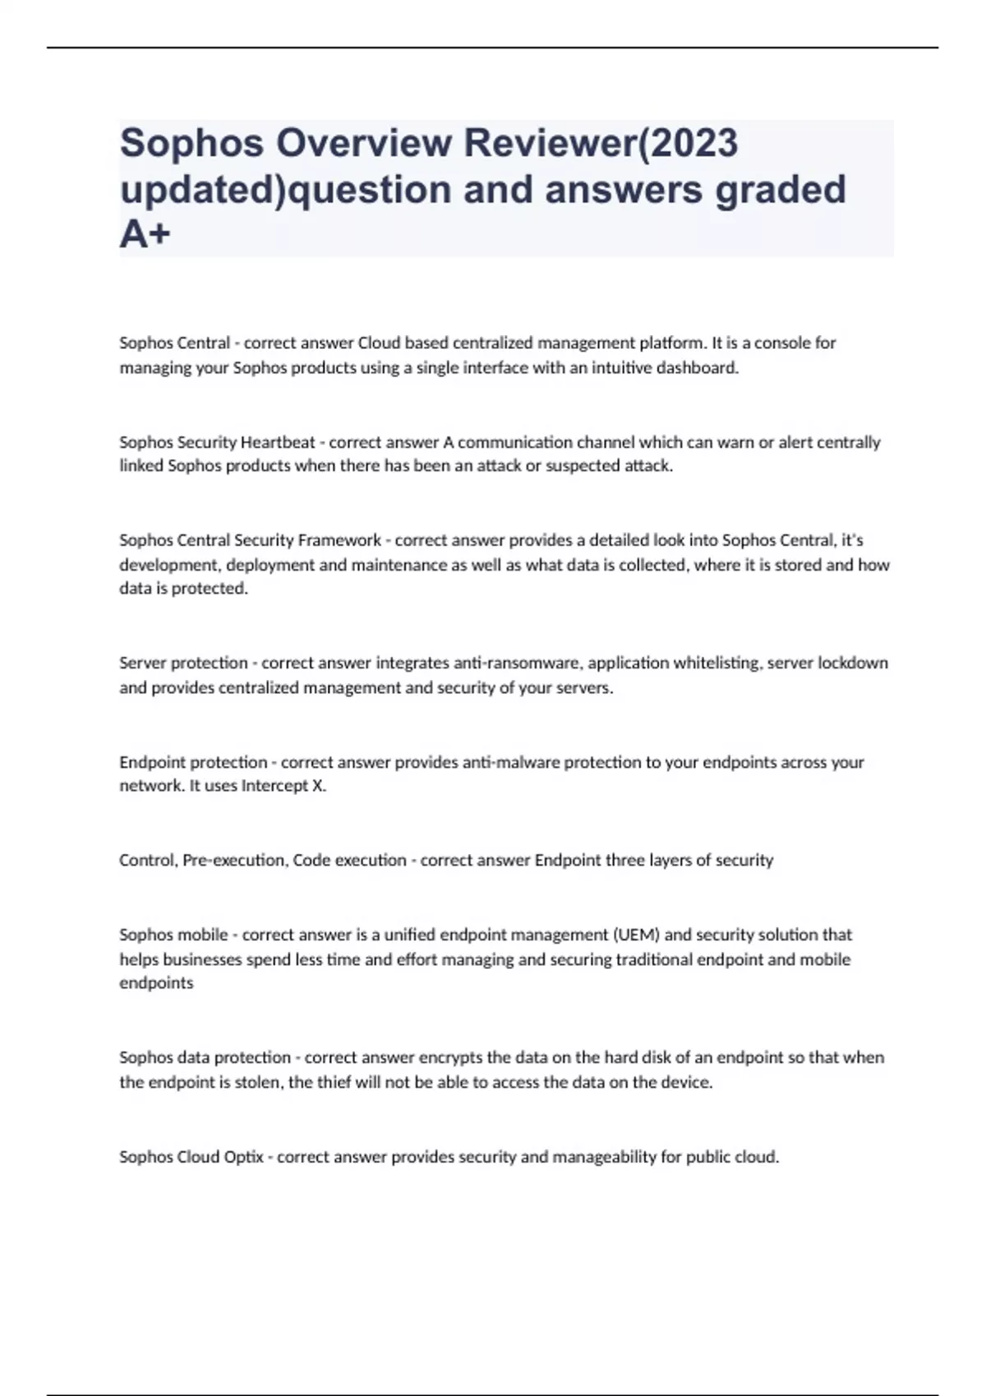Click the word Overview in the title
point(363,144)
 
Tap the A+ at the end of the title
point(145,235)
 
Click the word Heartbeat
point(278,443)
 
